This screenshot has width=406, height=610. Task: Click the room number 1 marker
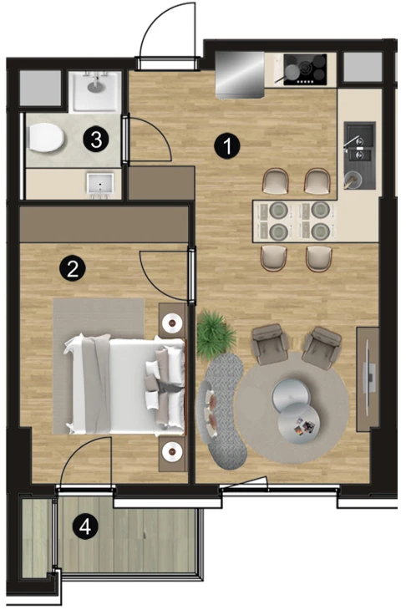coord(227,145)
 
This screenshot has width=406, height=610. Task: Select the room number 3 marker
coord(96,139)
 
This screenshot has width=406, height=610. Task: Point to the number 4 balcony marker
coord(84,527)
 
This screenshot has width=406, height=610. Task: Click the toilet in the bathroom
coord(46,137)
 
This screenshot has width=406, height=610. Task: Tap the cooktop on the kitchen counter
coord(305,69)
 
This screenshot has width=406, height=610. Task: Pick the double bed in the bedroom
coord(124,384)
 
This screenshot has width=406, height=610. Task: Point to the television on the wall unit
coord(369,377)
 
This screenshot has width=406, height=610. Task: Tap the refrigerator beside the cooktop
coord(240,74)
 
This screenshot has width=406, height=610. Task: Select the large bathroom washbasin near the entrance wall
coord(96,91)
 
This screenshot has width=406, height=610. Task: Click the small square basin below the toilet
coord(101,184)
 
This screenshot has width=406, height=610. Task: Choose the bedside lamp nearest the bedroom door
coord(173,322)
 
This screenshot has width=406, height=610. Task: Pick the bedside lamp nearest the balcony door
coord(173,451)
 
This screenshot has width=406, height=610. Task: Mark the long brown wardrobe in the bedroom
coord(104,224)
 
